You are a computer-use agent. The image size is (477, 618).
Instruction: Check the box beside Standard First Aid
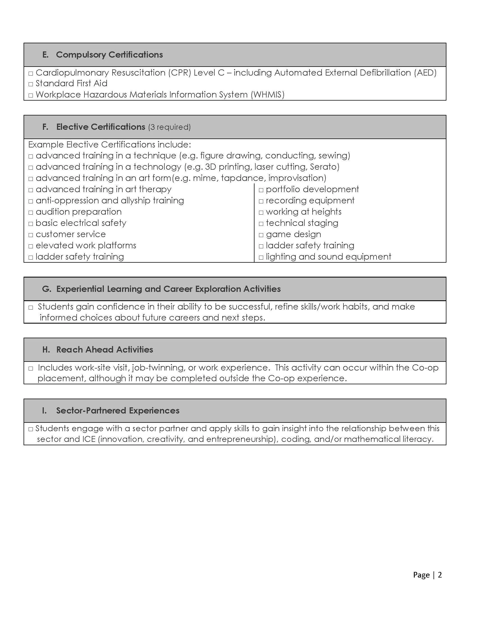(31, 84)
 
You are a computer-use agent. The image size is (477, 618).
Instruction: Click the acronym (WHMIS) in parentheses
(267, 94)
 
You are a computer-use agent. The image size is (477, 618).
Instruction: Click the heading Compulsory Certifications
(109, 54)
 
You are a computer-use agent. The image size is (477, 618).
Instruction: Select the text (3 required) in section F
(169, 127)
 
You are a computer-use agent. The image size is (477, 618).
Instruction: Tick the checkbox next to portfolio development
(261, 190)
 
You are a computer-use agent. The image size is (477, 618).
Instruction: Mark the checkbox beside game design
(261, 235)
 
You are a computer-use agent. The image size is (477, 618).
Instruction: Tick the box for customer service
(31, 235)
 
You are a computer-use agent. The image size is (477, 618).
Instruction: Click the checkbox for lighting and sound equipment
(261, 258)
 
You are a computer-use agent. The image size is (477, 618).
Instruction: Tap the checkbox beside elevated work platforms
(31, 246)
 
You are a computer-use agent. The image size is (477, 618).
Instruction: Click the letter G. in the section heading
(46, 289)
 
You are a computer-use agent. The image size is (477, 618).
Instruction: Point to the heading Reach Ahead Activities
(105, 350)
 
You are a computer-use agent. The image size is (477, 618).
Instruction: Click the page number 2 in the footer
(440, 575)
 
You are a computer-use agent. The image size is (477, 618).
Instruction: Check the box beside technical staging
(261, 224)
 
